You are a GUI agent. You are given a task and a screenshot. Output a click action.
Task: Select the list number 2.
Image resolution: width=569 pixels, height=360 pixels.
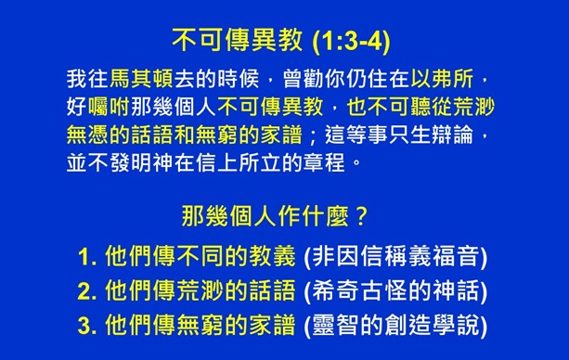click(x=87, y=291)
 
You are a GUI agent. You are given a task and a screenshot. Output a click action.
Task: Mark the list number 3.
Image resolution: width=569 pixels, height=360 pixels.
click(x=87, y=326)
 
